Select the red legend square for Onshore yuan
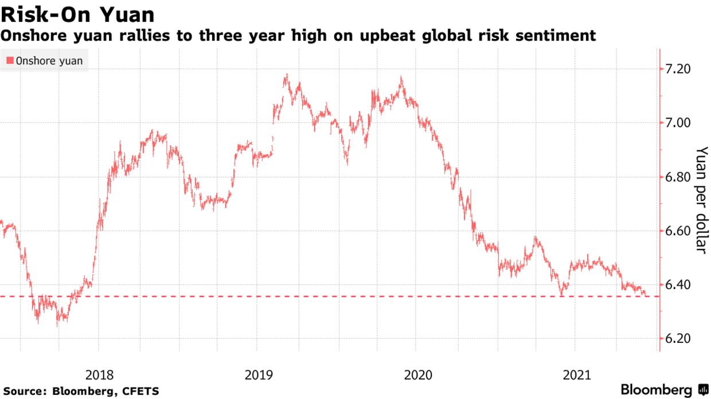point(10,61)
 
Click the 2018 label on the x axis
point(99,376)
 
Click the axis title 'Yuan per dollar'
point(702,199)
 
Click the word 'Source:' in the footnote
point(25,392)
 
